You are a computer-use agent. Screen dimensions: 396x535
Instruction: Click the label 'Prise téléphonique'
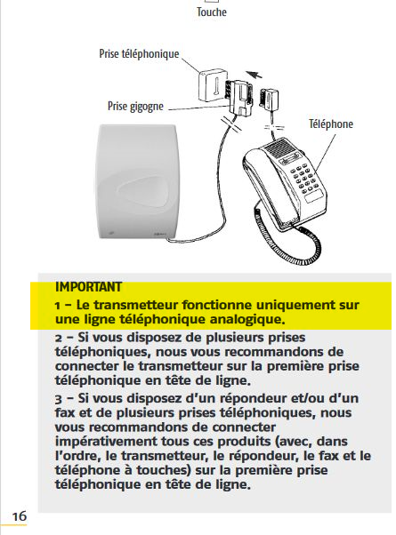pyautogui.click(x=139, y=54)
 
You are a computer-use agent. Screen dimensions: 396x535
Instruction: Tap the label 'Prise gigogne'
pyautogui.click(x=135, y=106)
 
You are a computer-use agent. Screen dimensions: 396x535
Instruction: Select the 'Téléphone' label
pyautogui.click(x=331, y=124)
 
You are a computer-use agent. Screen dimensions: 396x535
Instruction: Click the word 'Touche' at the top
pyautogui.click(x=212, y=12)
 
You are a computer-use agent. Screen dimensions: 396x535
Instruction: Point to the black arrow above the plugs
pyautogui.click(x=254, y=74)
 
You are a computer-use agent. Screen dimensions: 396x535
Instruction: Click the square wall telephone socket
pyautogui.click(x=212, y=85)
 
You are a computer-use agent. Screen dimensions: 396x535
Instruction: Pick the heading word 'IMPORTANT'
pyautogui.click(x=88, y=287)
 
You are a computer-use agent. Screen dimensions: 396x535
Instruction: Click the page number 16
pyautogui.click(x=20, y=515)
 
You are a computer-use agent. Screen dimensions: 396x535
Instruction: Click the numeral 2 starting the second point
pyautogui.click(x=59, y=338)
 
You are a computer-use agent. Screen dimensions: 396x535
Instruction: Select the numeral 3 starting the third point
pyautogui.click(x=59, y=399)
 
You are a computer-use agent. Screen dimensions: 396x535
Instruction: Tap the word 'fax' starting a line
pyautogui.click(x=65, y=413)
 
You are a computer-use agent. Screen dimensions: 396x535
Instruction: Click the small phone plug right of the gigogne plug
pyautogui.click(x=269, y=99)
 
